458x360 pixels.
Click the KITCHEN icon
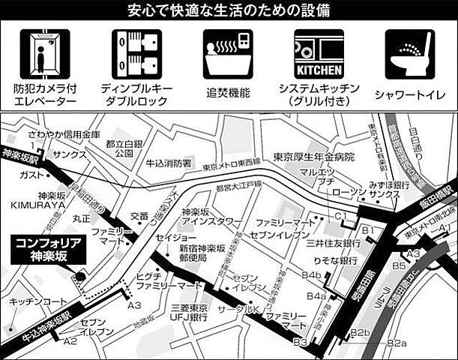[319, 54]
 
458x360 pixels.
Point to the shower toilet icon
[410, 54]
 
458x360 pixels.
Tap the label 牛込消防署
[169, 161]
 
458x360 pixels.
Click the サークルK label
[238, 308]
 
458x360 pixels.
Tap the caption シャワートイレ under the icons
[411, 94]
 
